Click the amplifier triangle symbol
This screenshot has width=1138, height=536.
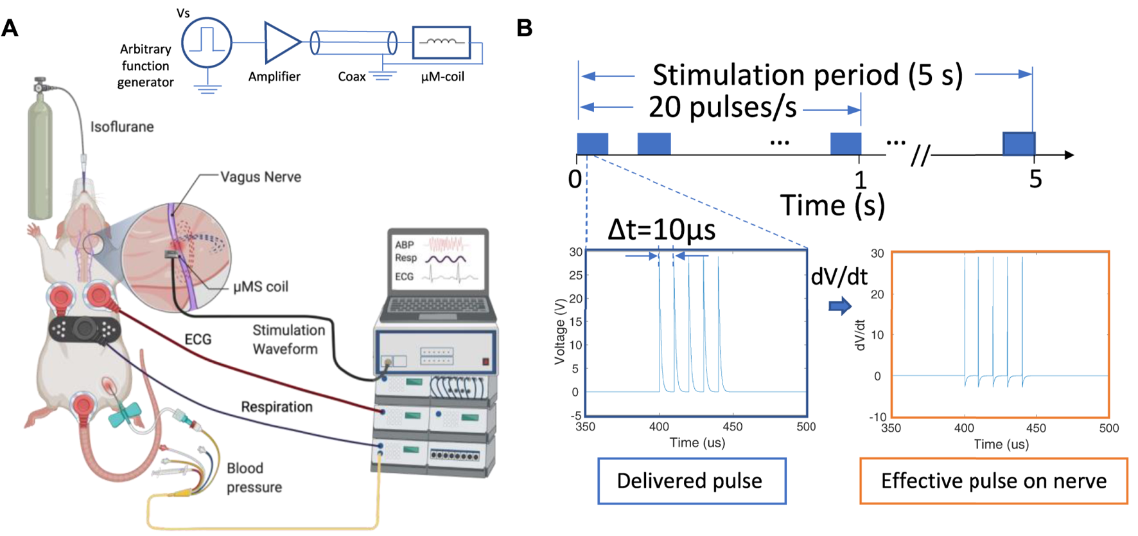pos(281,42)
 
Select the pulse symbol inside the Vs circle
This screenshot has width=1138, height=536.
pos(206,40)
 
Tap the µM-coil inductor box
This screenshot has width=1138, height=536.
pos(441,42)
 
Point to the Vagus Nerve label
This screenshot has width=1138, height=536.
pos(260,177)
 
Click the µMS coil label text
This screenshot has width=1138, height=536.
pos(260,287)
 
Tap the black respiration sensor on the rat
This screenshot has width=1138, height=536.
pos(84,330)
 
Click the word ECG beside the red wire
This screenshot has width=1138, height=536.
pos(198,339)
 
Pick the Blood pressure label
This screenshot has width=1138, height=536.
pos(254,478)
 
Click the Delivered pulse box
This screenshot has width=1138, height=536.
pos(691,481)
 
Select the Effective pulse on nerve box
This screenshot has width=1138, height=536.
pos(993,481)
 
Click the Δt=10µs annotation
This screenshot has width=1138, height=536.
pos(661,229)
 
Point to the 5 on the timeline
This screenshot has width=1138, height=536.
pos(1035,179)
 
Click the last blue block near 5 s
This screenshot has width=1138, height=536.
pos(1019,143)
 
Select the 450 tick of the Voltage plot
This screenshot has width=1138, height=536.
pos(732,427)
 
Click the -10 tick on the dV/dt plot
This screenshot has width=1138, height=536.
pos(877,417)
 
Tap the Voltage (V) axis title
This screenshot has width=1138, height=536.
pos(559,331)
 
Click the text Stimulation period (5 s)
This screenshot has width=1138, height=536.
pos(807,75)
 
